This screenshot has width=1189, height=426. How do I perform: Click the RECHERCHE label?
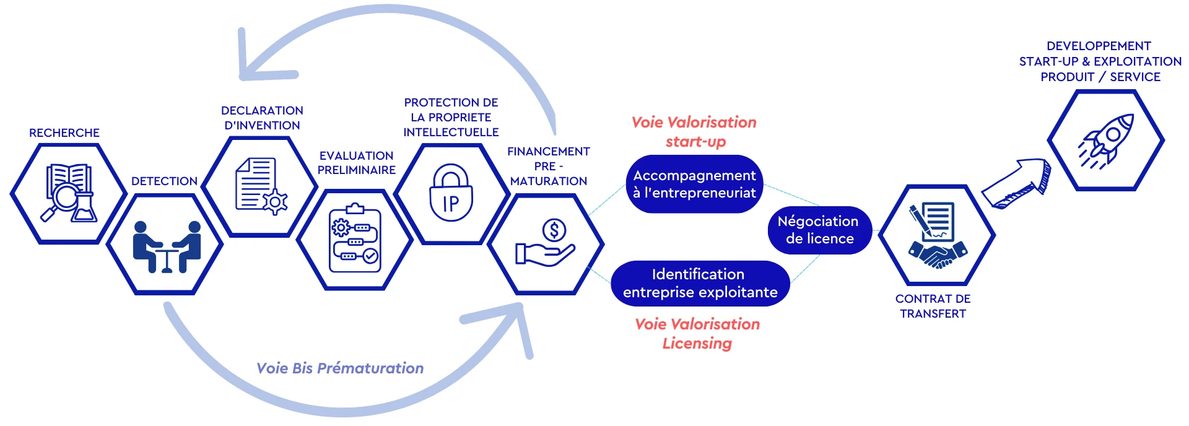[x=64, y=133]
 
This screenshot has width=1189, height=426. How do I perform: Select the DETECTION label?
[x=164, y=181]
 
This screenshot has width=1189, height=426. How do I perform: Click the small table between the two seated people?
[x=167, y=258]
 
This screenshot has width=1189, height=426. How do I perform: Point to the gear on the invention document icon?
[x=275, y=201]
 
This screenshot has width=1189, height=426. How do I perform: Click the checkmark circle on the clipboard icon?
[x=370, y=255]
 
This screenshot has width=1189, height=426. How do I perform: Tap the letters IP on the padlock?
[x=451, y=204]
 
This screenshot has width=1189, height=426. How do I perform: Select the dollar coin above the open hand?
[x=554, y=230]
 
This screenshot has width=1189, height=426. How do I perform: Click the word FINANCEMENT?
[x=549, y=152]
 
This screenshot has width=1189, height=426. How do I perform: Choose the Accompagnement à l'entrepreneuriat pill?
[x=694, y=184]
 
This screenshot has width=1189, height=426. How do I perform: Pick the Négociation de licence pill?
[x=819, y=230]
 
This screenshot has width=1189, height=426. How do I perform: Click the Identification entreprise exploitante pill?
[x=700, y=283]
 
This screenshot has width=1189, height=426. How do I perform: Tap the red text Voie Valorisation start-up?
[x=694, y=131]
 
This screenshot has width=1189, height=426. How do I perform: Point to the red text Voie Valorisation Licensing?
[x=697, y=333]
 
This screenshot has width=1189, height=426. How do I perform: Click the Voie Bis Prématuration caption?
[x=340, y=368]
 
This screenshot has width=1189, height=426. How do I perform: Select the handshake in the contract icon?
[x=937, y=254]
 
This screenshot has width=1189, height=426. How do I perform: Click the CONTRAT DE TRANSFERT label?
[x=933, y=306]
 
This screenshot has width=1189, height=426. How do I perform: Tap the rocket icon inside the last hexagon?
[x=1106, y=141]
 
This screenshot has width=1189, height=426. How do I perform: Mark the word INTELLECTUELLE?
[x=451, y=133]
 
